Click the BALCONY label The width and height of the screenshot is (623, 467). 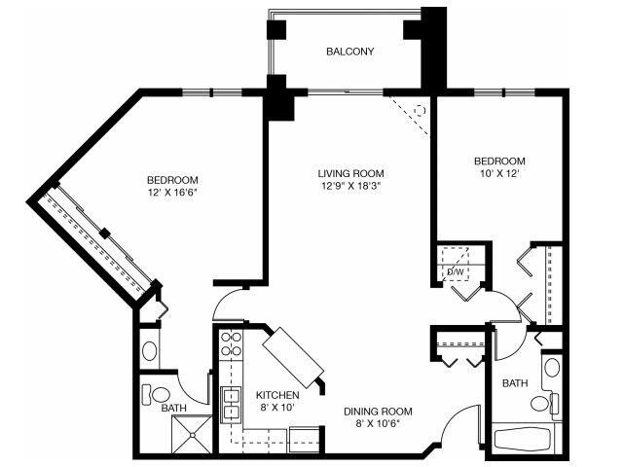tap(350, 52)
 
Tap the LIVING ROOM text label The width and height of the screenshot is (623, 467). tap(348, 173)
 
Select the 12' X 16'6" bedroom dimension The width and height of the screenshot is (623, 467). tap(172, 193)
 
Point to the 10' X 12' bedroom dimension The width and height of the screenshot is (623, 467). tap(499, 174)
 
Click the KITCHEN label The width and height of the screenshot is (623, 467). tap(276, 395)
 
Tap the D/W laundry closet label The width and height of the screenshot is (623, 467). tap(455, 271)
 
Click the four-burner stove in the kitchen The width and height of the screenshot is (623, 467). tap(232, 344)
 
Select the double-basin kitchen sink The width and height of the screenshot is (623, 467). tap(232, 403)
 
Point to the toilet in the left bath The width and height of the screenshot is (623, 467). tap(157, 395)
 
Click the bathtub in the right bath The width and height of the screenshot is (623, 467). tap(527, 437)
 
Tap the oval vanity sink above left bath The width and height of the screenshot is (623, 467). tap(149, 349)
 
